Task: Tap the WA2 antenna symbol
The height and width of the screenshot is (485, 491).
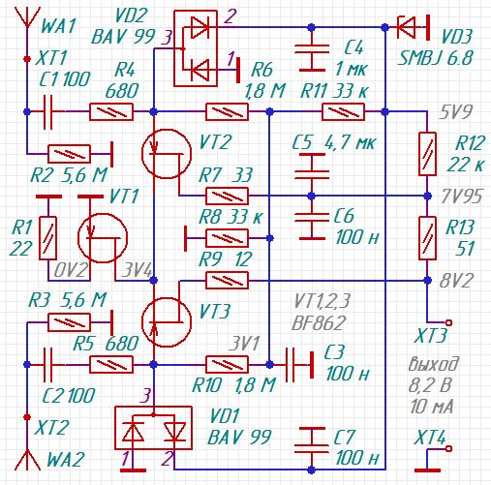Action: (27, 459)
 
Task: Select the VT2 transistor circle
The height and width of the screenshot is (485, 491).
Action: (167, 154)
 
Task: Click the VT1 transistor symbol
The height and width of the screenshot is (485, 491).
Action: (103, 238)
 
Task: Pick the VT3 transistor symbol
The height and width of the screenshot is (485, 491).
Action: (167, 322)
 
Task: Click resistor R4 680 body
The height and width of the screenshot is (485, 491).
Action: (111, 111)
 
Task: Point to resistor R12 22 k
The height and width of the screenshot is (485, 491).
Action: (427, 154)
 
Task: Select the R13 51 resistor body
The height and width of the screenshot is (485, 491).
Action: (427, 238)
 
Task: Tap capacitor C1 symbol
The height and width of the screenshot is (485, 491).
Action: (47, 111)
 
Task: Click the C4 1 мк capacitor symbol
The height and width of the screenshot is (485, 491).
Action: (311, 58)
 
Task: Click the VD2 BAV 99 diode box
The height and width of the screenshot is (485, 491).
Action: (196, 48)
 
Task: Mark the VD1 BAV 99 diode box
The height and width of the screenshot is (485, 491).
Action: (154, 428)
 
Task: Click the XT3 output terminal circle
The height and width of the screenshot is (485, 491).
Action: (448, 322)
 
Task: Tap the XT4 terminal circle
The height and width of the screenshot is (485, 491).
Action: (448, 448)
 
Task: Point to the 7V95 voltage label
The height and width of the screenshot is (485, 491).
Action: (462, 197)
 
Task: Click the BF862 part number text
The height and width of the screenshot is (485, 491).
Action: (318, 322)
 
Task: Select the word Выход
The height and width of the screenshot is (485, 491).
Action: (433, 365)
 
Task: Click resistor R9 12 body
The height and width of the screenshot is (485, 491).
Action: (228, 280)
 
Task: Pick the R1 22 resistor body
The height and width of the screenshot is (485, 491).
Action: (47, 238)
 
